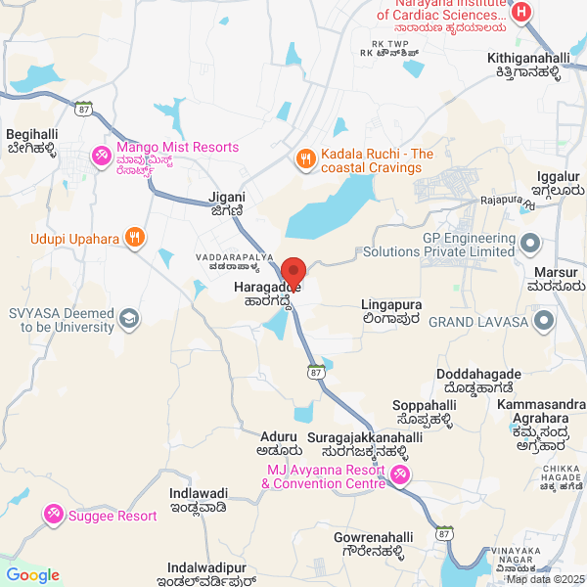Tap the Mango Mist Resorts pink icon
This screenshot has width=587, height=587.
point(100,156)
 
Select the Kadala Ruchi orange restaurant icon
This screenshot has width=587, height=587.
point(305,158)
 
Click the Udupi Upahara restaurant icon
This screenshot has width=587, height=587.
point(135,237)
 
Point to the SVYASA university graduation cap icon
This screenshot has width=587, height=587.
point(128,318)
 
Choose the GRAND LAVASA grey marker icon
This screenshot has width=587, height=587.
point(546,319)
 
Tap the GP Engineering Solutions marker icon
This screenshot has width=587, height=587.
point(530,242)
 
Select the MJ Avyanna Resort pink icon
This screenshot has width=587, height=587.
point(399,475)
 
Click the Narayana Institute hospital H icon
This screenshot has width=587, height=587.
point(521,13)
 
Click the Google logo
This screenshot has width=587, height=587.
point(32,575)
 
